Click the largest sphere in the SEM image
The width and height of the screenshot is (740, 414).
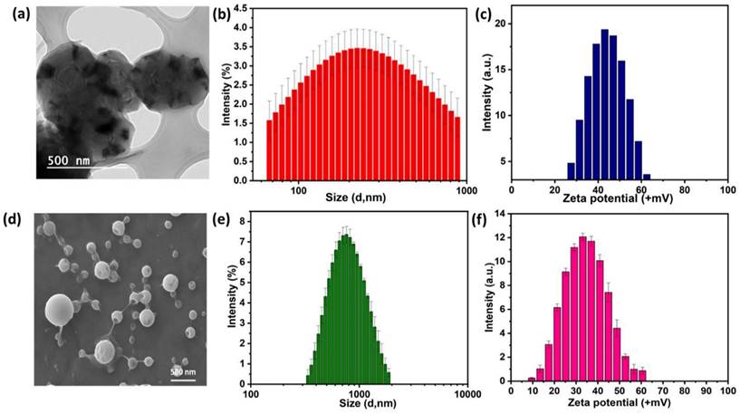60,309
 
